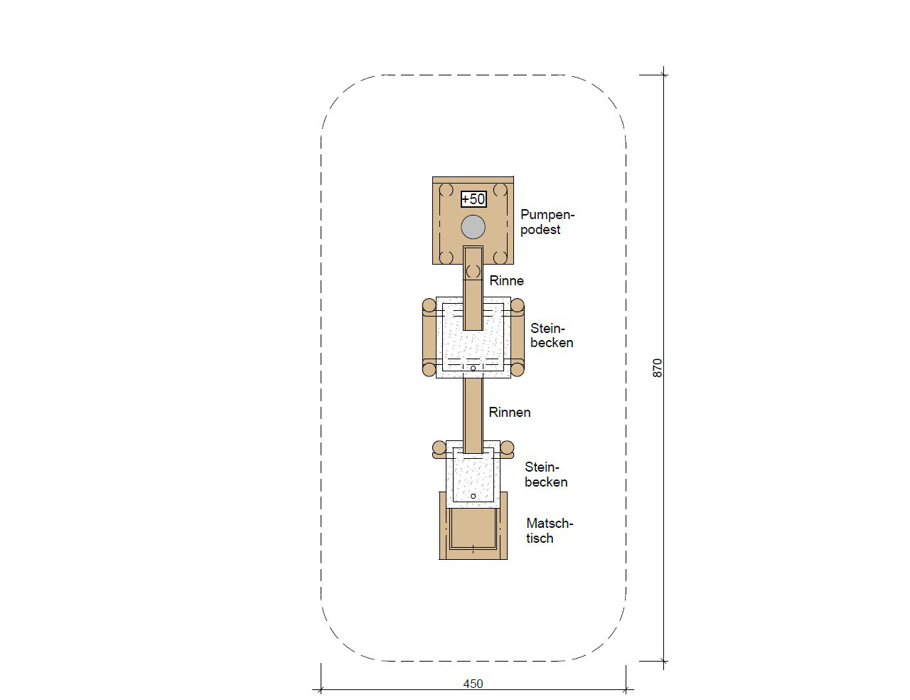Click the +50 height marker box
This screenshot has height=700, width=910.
[473, 199]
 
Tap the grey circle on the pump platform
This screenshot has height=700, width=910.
[473, 227]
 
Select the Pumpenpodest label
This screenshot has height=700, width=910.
[547, 222]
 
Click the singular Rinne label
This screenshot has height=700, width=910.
[507, 281]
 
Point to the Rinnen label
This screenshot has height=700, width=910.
[510, 412]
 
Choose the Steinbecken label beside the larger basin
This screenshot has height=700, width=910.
[552, 335]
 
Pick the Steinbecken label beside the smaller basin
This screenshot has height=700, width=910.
[546, 474]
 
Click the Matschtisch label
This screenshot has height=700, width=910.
[550, 531]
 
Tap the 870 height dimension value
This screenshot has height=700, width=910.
[658, 368]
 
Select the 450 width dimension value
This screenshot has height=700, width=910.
[473, 684]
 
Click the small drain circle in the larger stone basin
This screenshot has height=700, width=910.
[473, 368]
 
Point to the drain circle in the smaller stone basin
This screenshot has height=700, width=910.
[473, 496]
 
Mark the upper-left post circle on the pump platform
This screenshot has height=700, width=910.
[446, 190]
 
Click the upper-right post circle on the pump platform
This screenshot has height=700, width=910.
[500, 190]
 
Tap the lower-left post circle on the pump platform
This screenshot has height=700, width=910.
[446, 258]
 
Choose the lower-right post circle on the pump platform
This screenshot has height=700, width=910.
[500, 258]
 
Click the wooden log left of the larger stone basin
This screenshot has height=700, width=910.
[429, 337]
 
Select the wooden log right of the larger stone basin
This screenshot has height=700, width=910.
[518, 337]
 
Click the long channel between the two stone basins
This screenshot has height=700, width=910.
[473, 415]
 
